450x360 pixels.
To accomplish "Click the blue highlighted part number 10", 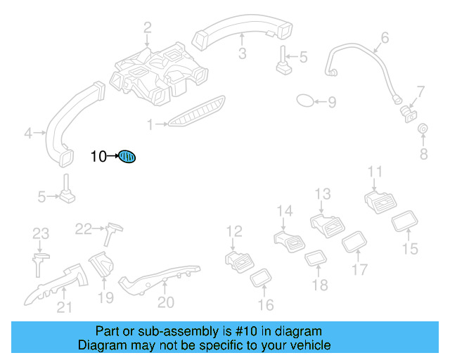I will point(127,157).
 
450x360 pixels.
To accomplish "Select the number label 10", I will point(98,157).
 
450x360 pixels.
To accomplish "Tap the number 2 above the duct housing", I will point(148,28).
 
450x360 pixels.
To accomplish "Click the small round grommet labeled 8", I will point(423,129).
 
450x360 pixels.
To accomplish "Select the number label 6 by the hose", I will point(385,37).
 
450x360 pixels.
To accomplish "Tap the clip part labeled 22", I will point(112,229).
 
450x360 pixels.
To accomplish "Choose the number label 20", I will point(165,302).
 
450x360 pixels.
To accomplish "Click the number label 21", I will point(64,307).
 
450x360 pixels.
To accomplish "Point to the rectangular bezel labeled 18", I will point(314,260).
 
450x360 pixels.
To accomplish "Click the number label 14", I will point(284,211).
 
